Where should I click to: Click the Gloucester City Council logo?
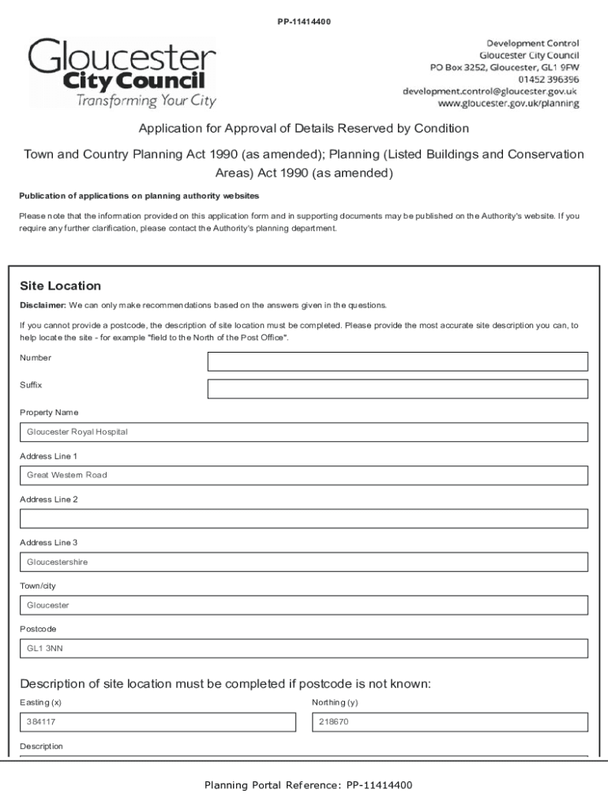click(122, 73)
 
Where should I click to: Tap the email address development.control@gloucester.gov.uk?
click(490, 92)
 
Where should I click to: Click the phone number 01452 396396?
click(548, 80)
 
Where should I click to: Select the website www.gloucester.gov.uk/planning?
click(509, 103)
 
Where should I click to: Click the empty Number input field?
click(397, 361)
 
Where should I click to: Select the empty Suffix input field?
click(397, 389)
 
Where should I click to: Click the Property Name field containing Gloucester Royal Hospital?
click(304, 432)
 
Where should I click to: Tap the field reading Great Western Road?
click(304, 475)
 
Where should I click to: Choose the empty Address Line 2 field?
click(304, 518)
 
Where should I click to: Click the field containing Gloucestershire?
click(304, 562)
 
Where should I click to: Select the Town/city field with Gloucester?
click(304, 605)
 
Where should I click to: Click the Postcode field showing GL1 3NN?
click(304, 649)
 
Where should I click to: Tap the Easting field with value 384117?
click(158, 722)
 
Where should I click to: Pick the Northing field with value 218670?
click(450, 722)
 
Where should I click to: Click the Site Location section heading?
click(60, 286)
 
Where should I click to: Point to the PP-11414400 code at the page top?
click(303, 21)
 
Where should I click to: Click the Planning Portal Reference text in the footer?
click(308, 785)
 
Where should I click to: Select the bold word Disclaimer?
click(42, 305)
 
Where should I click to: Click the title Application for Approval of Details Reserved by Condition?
click(304, 129)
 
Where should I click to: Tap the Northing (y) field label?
click(335, 702)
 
